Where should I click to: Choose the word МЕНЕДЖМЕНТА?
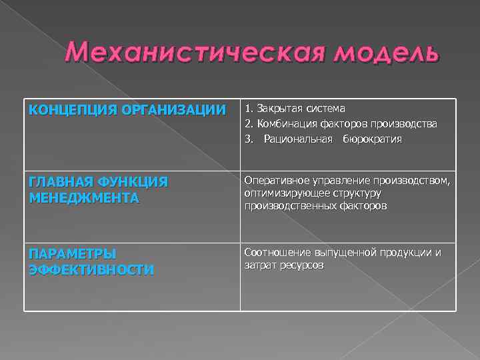(84, 198)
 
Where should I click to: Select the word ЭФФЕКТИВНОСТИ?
(91, 270)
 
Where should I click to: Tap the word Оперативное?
(276, 180)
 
